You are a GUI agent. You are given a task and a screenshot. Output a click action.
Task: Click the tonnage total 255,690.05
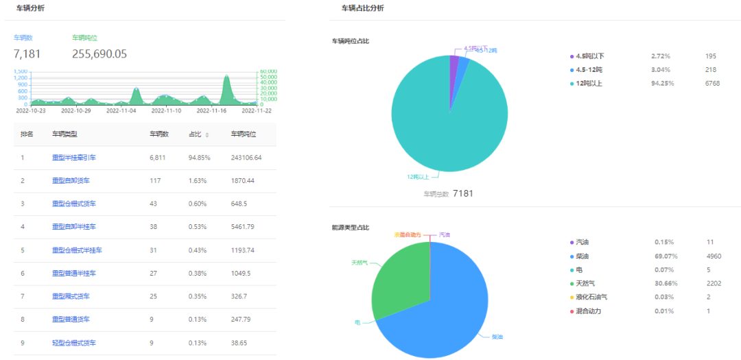(99, 53)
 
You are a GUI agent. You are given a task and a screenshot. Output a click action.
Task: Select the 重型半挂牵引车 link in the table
(74, 158)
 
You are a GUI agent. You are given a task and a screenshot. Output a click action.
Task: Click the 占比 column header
(196, 134)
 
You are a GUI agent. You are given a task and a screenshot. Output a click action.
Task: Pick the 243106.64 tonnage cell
(246, 158)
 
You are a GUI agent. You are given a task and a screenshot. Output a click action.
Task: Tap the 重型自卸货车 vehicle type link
(71, 181)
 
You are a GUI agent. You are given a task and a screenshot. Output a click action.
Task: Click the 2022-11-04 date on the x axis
(123, 110)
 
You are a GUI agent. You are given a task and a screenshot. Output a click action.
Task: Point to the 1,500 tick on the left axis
(21, 71)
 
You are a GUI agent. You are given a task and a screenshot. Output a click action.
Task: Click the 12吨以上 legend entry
(589, 84)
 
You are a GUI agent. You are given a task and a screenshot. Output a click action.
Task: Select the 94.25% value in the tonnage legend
(662, 84)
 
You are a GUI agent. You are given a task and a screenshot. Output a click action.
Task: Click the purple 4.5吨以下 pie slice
(454, 62)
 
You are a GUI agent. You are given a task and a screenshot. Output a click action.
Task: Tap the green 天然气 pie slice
(398, 274)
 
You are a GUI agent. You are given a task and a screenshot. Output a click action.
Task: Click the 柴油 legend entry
(582, 256)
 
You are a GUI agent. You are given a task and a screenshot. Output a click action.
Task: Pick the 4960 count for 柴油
(714, 256)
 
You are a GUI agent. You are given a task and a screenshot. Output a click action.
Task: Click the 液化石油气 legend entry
(591, 297)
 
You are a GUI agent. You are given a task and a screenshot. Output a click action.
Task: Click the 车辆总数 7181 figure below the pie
(462, 193)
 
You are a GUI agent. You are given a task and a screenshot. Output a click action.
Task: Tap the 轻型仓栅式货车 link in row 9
(74, 343)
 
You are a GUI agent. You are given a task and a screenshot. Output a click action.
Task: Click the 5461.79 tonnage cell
(245, 227)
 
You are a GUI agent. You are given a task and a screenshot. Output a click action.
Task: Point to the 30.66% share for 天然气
(663, 283)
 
